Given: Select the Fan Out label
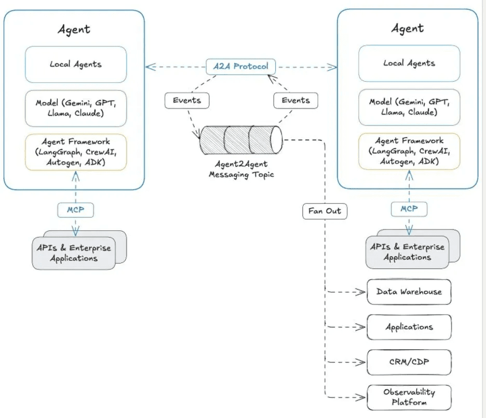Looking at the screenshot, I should (x=325, y=211).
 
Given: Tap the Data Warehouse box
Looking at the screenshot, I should (x=409, y=292).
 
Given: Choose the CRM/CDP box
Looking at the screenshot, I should (x=409, y=362).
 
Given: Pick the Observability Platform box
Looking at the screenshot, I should (x=409, y=398).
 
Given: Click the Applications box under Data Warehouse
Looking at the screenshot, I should (x=409, y=327).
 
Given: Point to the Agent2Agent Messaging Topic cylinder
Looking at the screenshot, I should (x=241, y=139).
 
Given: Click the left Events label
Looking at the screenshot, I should (x=187, y=100).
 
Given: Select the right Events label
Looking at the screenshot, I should (x=295, y=100).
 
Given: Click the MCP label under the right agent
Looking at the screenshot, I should (x=409, y=209).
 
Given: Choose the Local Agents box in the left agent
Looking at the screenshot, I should (x=76, y=64).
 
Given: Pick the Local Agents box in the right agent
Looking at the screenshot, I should (x=409, y=63).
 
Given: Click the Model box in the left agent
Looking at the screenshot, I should (x=76, y=108).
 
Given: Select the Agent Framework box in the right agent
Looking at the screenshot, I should (x=409, y=151).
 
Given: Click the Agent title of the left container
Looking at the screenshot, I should (x=74, y=29).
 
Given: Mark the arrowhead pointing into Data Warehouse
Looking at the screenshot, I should (x=361, y=292).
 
